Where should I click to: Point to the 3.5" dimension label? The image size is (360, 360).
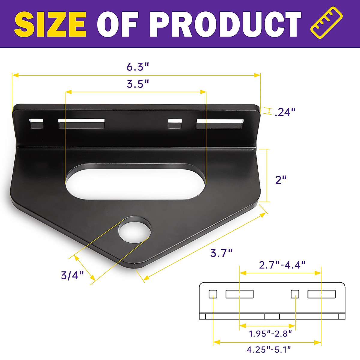[138, 84]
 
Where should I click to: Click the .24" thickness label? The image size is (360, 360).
[285, 112]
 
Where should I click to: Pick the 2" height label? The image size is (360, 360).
[281, 180]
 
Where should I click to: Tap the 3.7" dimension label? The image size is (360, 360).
[221, 253]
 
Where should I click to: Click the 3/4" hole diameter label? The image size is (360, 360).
[72, 275]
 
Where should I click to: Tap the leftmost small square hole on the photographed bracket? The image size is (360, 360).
[36, 124]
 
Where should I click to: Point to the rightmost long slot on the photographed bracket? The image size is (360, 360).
[220, 124]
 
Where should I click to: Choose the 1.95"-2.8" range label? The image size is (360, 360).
[270, 333]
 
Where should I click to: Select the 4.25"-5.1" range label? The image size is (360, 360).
[269, 349]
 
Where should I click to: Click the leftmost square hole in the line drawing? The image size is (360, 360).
[213, 294]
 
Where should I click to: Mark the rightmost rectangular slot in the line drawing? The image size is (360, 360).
[321, 294]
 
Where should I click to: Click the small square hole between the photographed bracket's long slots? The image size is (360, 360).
[175, 124]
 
